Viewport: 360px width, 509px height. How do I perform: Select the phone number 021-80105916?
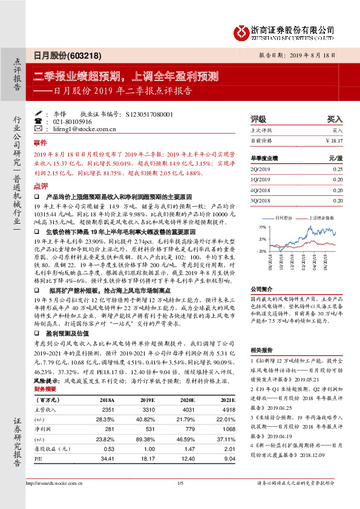pos(74,121)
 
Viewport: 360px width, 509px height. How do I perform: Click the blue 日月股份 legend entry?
pos(283,216)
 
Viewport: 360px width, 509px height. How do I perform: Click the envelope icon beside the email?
pos(39,129)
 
